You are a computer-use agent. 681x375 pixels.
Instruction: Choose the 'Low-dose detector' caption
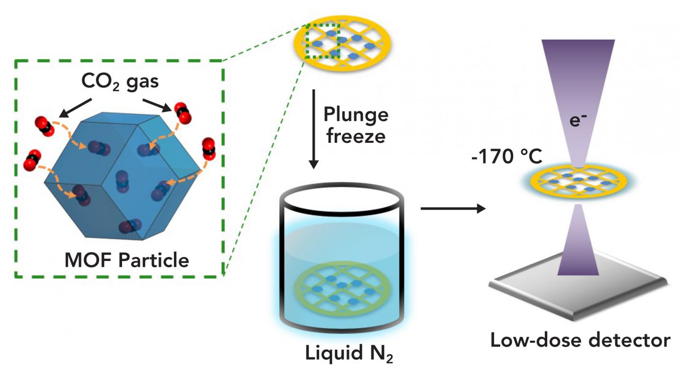579,340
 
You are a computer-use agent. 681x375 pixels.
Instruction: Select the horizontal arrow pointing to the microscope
453,208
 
